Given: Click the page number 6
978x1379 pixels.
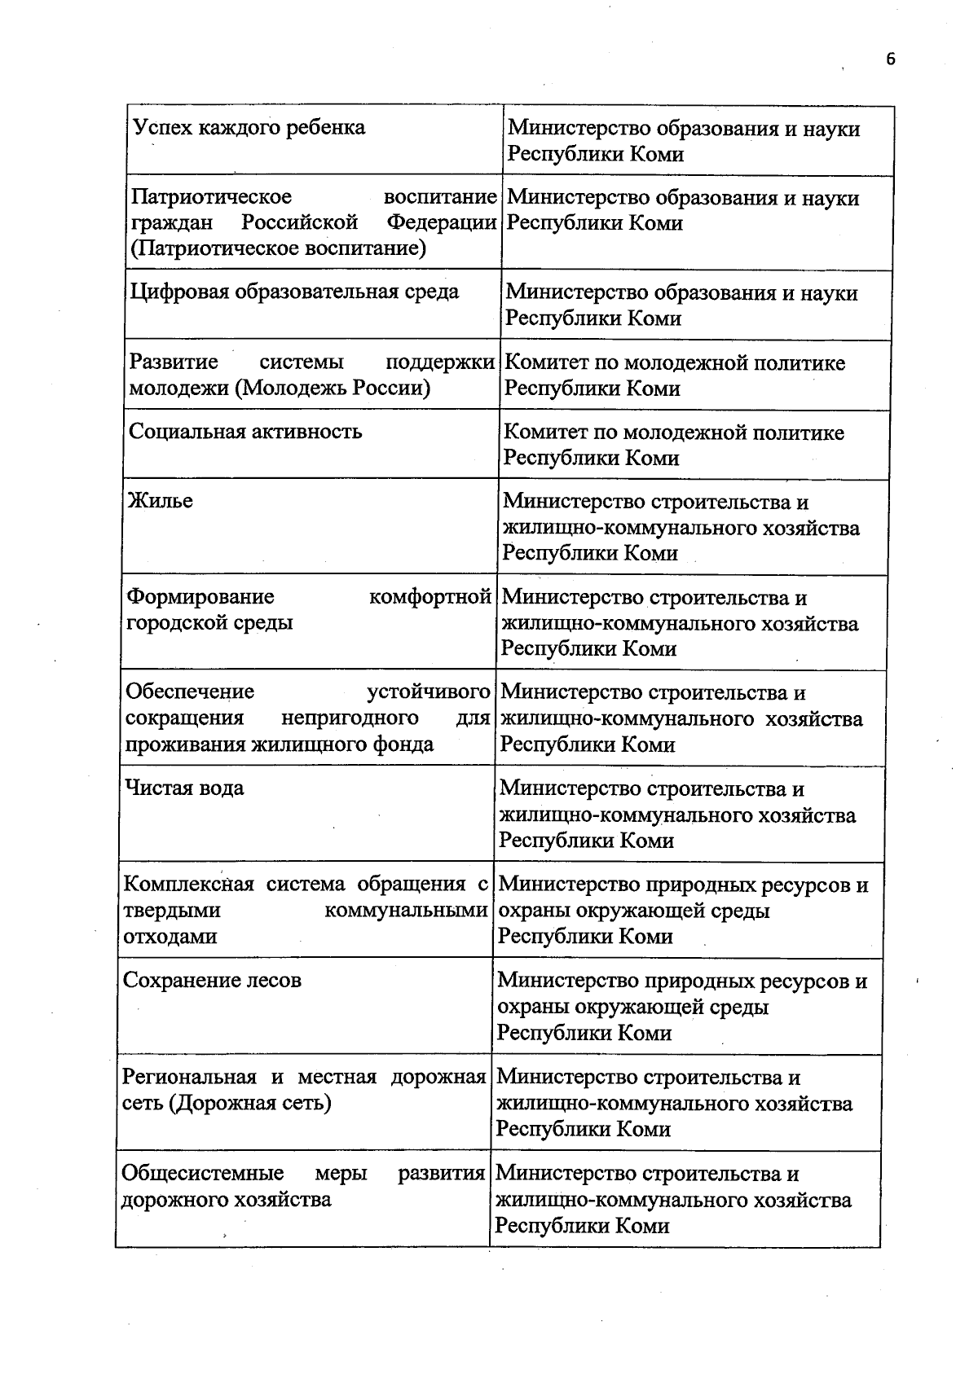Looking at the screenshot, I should [x=891, y=59].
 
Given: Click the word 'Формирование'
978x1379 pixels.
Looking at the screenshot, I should [x=200, y=597].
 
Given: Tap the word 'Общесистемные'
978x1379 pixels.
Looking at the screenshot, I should [x=202, y=1174].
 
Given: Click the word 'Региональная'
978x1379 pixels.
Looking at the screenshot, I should [x=189, y=1078].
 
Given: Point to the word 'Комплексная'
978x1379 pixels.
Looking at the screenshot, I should [x=188, y=885].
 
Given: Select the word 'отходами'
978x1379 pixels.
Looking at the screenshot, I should [x=170, y=937].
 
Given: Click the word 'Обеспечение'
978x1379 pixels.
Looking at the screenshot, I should [x=189, y=692].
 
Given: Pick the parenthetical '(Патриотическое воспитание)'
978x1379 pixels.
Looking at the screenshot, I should [x=278, y=248].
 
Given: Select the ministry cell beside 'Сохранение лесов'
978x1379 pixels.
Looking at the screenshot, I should [x=681, y=1007].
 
